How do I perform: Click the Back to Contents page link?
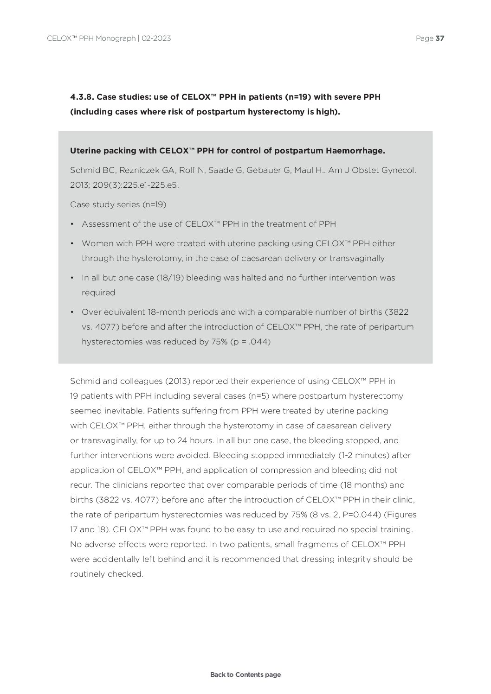click(x=245, y=675)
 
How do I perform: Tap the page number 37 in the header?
click(x=440, y=38)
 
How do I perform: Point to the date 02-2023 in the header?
click(x=156, y=38)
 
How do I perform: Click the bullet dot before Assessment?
click(x=72, y=224)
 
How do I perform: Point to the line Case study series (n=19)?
click(x=118, y=204)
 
